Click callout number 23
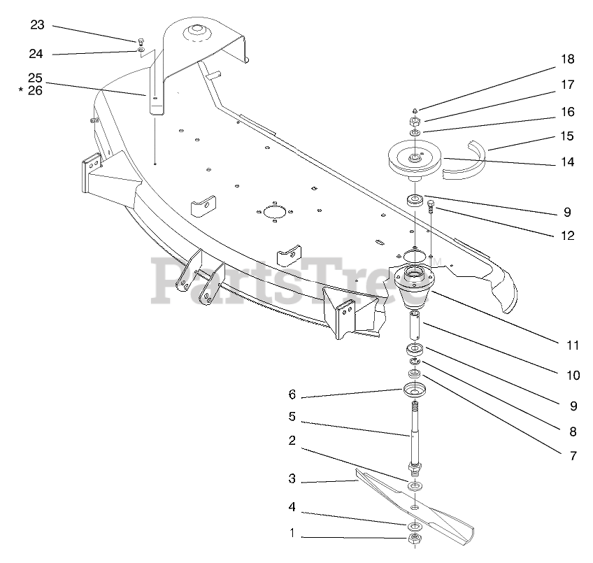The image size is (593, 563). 37,25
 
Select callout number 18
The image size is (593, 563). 567,59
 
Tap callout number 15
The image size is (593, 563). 567,136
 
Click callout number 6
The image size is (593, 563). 292,394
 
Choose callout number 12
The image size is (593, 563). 567,236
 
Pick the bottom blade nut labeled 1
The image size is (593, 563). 413,539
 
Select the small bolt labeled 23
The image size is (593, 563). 141,40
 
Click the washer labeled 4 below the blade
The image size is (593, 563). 413,525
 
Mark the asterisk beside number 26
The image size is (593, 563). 22,91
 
